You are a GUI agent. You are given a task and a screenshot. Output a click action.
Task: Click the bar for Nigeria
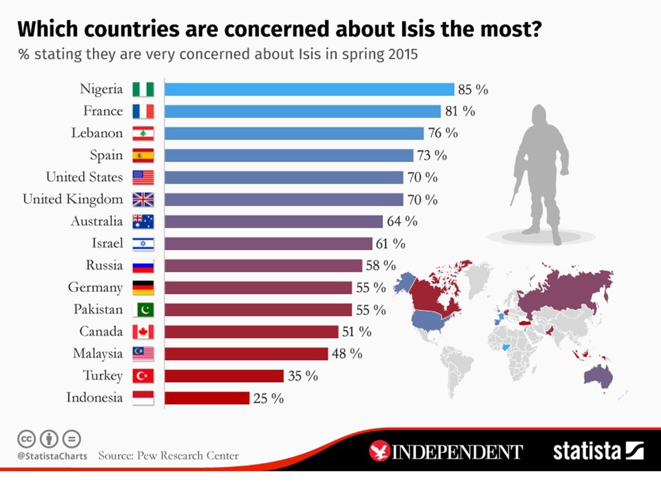click(309, 89)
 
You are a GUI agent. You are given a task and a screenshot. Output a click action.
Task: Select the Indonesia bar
click(207, 398)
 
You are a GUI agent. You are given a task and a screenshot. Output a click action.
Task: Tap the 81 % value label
click(460, 111)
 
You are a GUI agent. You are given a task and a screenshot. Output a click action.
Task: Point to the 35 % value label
click(304, 376)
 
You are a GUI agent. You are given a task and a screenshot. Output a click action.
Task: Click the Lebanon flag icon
click(143, 133)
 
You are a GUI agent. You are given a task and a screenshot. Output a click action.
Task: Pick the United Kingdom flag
click(143, 200)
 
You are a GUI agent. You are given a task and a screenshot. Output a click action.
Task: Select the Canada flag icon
click(143, 332)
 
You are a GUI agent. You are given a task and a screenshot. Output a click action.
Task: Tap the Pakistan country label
click(98, 310)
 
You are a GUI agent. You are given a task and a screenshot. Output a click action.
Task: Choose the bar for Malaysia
click(246, 354)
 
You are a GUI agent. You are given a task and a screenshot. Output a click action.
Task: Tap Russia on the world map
click(567, 292)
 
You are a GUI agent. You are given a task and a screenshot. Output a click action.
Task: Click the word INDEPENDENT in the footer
click(457, 452)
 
